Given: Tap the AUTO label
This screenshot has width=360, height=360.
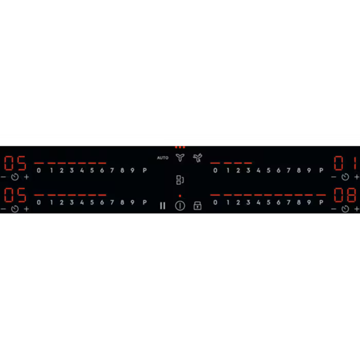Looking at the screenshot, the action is pos(162,158).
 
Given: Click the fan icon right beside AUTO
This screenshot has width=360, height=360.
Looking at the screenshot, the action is pos(180,157).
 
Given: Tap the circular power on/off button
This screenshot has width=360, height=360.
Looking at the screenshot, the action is pos(180,206).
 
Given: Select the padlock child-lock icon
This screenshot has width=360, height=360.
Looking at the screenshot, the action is pos(198,206).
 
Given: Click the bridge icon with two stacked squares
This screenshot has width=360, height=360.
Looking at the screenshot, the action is pos(180,180).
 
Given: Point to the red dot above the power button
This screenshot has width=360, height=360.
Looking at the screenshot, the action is pos(180,196).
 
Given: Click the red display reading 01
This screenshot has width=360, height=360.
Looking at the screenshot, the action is pos(345,163).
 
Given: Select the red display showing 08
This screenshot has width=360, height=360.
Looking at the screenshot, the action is pos(345,195).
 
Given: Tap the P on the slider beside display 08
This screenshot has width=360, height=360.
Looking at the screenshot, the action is pos(321,202).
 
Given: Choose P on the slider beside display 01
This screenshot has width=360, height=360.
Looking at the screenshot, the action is pos(321,170).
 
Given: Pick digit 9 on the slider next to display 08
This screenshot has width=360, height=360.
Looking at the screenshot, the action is pos(309,202).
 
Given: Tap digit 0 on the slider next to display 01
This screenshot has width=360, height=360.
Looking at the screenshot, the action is pos(215,170).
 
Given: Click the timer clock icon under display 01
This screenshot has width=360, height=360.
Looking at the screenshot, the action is pos(345,176).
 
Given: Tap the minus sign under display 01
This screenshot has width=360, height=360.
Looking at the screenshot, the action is pos(334,177).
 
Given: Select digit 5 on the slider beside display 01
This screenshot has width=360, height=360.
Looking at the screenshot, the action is pos(268,170).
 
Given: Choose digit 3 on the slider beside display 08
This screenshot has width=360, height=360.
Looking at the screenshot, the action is pos(248,202).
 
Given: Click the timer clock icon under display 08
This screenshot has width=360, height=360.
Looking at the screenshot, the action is pos(345,209).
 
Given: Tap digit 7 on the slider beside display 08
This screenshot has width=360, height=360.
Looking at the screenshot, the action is pos(289,202).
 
